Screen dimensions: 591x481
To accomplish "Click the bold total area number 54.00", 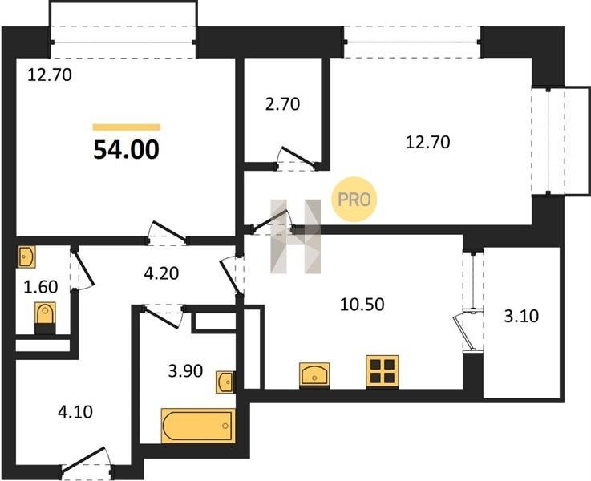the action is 126,150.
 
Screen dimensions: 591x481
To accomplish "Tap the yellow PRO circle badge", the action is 354,200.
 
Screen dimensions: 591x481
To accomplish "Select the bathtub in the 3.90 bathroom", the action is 198,426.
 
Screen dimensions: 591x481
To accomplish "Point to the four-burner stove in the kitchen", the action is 383,371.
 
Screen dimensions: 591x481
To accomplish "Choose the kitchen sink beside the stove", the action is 314,375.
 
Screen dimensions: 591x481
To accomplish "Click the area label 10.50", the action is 362,305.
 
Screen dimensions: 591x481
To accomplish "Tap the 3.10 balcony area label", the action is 521,316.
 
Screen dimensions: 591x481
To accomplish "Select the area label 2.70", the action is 282,104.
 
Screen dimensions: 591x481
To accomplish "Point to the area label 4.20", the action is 161,273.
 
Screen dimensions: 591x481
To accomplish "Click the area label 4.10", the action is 75,412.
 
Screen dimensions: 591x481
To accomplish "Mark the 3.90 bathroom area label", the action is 185,371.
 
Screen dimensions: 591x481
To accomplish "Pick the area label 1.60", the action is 40,287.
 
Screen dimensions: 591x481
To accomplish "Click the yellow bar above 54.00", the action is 126,127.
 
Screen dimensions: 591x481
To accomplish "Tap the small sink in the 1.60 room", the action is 26,257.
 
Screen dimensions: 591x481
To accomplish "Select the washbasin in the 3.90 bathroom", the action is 225,382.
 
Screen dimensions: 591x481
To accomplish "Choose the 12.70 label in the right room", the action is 427,143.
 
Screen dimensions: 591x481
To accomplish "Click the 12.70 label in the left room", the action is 50,75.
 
